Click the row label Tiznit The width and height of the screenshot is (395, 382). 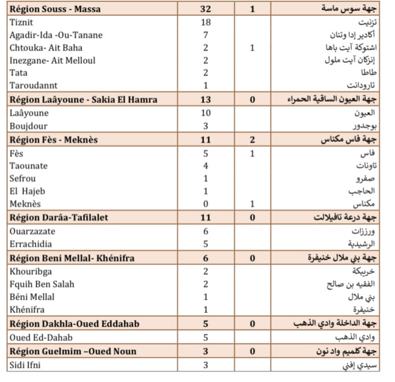tap(22, 22)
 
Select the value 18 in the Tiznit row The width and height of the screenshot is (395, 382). tap(205, 22)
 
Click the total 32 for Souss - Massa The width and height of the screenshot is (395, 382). tap(205, 9)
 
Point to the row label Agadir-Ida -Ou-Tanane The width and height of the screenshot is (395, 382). tap(56, 35)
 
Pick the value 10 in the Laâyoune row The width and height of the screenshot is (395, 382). tap(205, 113)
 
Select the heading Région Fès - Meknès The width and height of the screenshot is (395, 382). tap(54, 140)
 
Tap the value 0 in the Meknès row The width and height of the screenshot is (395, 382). tap(205, 204)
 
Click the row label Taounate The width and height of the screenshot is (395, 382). tap(29, 166)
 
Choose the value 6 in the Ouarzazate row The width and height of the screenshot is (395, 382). tap(205, 231)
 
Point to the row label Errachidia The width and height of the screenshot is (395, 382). tap(32, 244)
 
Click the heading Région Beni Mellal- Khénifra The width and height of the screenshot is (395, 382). tap(72, 258)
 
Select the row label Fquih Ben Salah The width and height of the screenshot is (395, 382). tap(42, 284)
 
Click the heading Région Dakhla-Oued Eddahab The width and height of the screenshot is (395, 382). tap(74, 324)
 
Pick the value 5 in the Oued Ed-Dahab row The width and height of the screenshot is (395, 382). tap(205, 338)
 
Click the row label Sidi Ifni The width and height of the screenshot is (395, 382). tap(26, 364)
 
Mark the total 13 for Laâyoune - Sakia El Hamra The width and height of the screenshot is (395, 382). tap(205, 100)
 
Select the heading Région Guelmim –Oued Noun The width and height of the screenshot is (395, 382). tap(73, 351)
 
